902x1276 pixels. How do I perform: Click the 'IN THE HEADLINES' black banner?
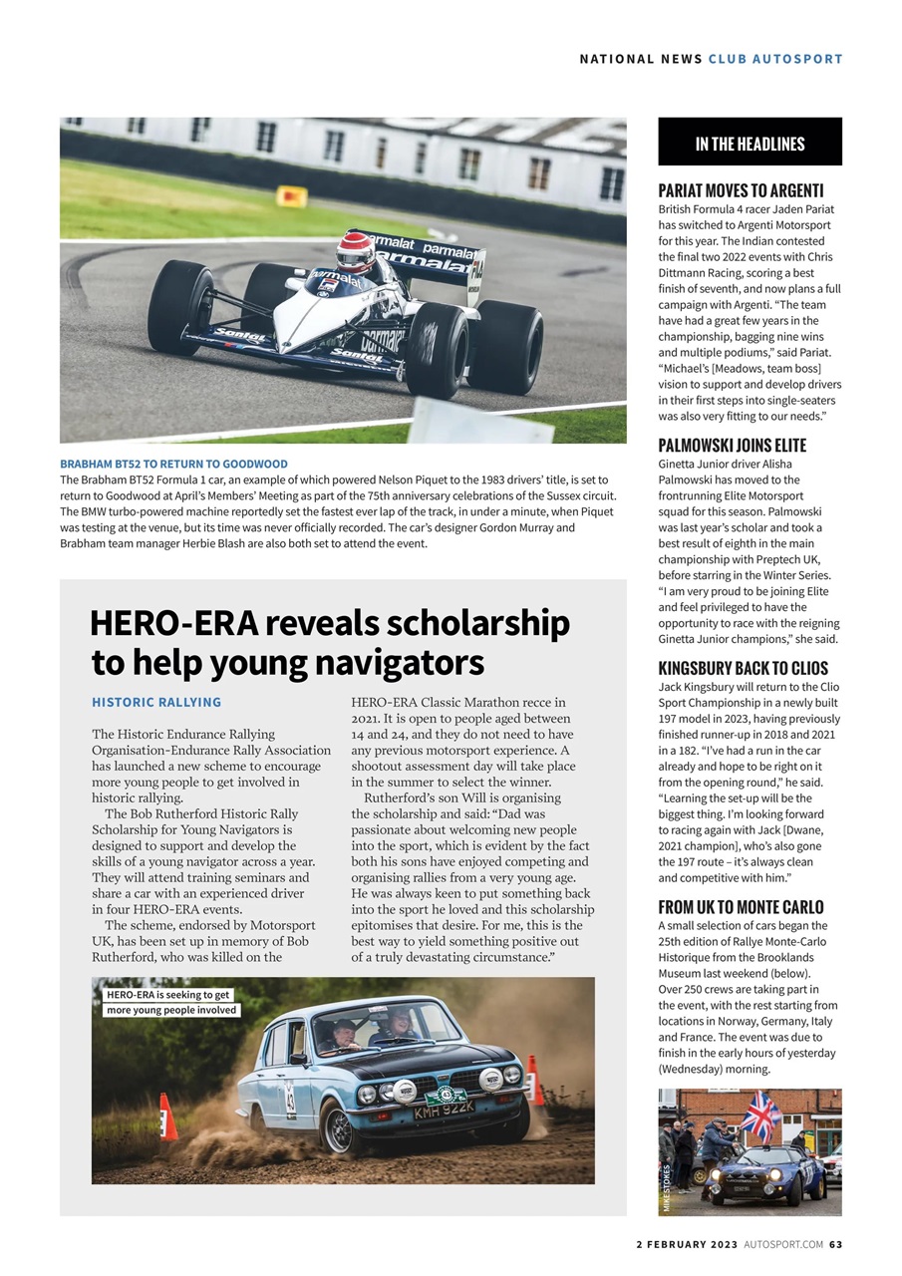coord(750,143)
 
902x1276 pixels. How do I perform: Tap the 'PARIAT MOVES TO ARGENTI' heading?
coord(741,190)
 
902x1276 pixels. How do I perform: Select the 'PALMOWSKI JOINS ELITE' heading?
coord(732,446)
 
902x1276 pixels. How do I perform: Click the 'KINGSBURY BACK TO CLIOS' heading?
coord(743,669)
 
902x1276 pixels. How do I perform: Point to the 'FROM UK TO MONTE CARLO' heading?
coord(741,907)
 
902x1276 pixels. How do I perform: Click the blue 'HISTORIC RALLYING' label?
coord(156,703)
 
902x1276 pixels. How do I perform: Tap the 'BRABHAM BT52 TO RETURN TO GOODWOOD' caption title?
coord(173,465)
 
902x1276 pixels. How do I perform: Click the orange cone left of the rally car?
coord(167,1117)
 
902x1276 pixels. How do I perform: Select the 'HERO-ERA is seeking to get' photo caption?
coord(168,995)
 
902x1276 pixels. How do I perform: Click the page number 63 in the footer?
coord(835,1244)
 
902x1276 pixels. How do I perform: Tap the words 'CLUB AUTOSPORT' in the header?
coord(775,59)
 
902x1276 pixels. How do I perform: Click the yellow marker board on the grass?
coord(291,196)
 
